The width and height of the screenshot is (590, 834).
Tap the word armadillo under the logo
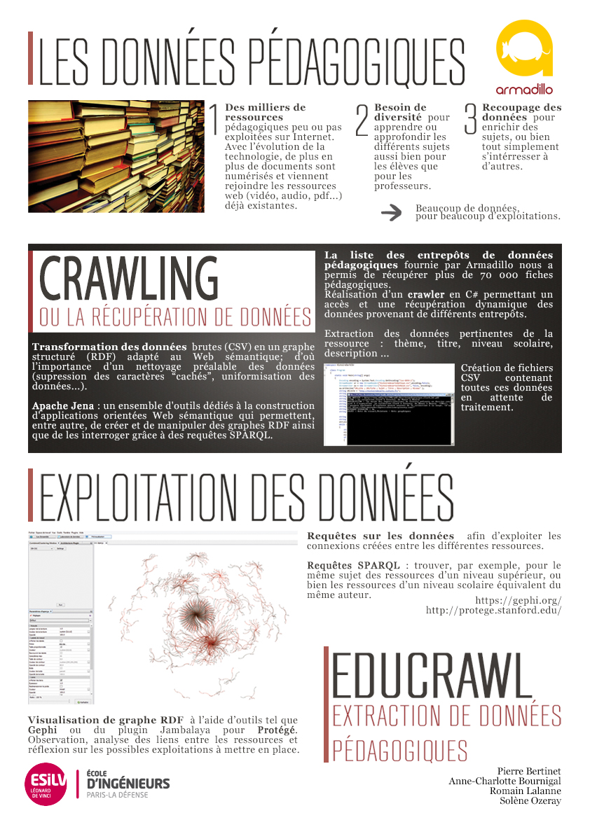click(x=524, y=90)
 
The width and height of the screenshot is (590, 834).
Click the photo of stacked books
click(x=116, y=156)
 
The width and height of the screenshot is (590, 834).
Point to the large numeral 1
click(x=214, y=120)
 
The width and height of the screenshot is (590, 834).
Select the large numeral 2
click(x=362, y=120)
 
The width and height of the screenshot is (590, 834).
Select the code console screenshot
click(x=389, y=404)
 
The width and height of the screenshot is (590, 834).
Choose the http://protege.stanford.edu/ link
click(x=493, y=610)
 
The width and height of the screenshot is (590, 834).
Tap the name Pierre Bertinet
click(x=529, y=771)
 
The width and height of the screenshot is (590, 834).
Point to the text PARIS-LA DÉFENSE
click(x=117, y=795)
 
